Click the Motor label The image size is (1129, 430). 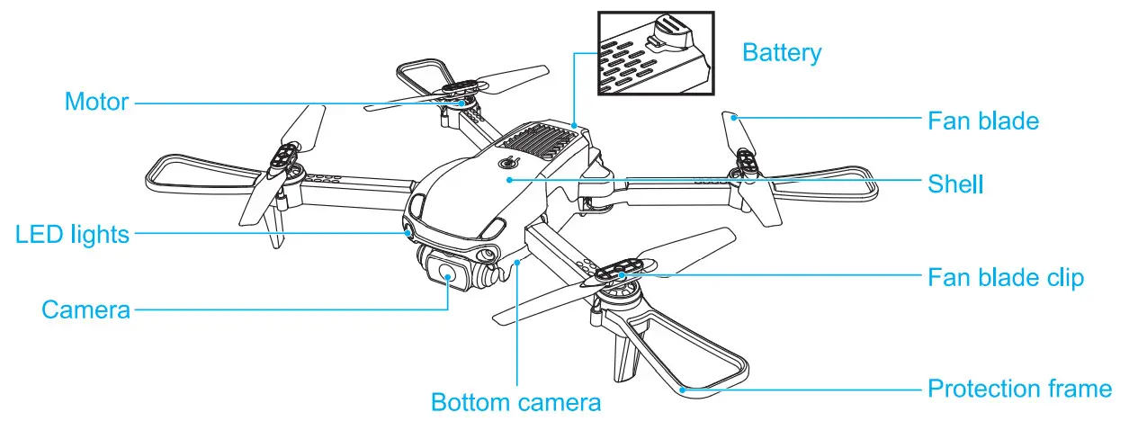[96, 102]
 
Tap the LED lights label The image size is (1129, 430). [72, 235]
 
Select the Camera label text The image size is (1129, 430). [85, 309]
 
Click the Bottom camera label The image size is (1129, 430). [515, 401]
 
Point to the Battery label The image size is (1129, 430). [781, 53]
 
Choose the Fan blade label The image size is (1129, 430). [983, 120]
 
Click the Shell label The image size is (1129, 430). [955, 184]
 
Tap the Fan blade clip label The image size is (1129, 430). [1006, 277]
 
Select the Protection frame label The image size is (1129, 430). [1019, 389]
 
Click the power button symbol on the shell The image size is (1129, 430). [509, 163]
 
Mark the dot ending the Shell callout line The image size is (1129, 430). [510, 180]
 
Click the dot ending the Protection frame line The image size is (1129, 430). [684, 389]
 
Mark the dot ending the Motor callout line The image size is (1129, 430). [463, 103]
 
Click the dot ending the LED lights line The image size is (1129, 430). [409, 234]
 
